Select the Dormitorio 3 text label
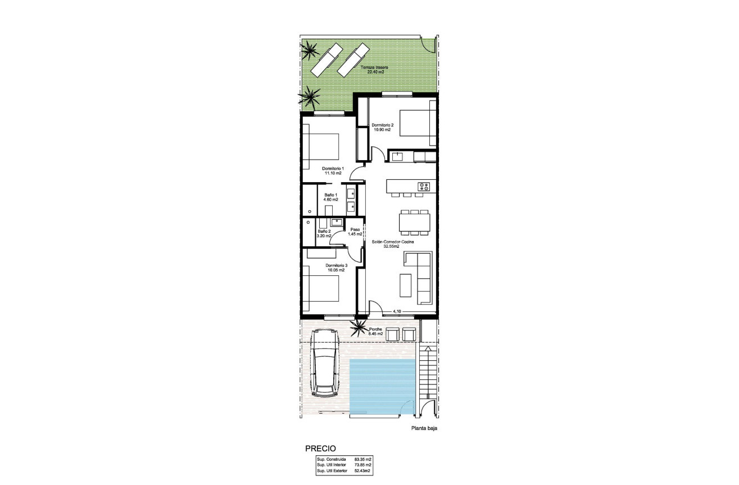click(336, 268)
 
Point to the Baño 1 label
click(330, 197)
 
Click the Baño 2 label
click(324, 234)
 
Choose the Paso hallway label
click(355, 232)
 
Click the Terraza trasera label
click(375, 70)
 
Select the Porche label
click(375, 332)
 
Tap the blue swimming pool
click(382, 385)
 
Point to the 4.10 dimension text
click(396, 311)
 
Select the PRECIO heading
click(320, 448)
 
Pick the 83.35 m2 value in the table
click(363, 460)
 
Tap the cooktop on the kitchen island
click(423, 186)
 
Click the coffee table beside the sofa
click(405, 284)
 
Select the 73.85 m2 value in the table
click(363, 465)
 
